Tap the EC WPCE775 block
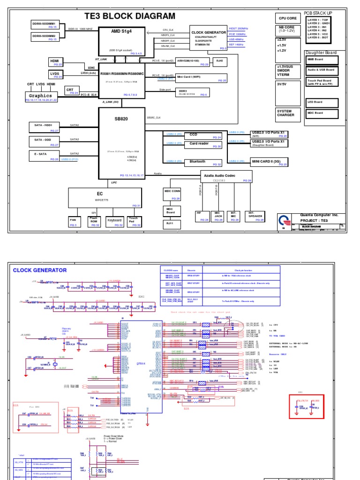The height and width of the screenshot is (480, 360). [x=105, y=197]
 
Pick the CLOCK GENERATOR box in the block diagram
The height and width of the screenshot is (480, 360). [x=209, y=37]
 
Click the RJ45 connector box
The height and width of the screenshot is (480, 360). [x=218, y=60]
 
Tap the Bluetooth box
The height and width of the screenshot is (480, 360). [x=197, y=162]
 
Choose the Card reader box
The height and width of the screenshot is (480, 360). [x=199, y=144]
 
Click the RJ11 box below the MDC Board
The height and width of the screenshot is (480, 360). [x=170, y=224]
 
